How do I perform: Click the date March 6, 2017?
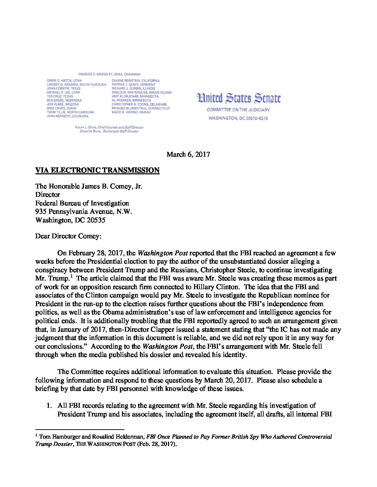tap(188, 154)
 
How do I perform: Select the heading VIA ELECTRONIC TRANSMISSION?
tap(97, 170)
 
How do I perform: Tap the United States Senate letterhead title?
tap(239, 98)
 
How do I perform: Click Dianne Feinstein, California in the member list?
tap(135, 81)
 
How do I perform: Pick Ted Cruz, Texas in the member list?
tap(60, 97)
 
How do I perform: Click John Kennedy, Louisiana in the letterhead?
tap(68, 116)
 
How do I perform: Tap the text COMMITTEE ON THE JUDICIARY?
tap(238, 110)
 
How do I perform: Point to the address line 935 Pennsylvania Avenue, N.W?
tap(84, 212)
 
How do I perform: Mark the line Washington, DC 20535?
tap(70, 220)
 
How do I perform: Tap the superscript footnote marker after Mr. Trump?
tap(71, 276)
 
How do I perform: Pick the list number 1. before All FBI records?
tap(49, 406)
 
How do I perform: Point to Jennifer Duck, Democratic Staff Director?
tap(109, 131)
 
